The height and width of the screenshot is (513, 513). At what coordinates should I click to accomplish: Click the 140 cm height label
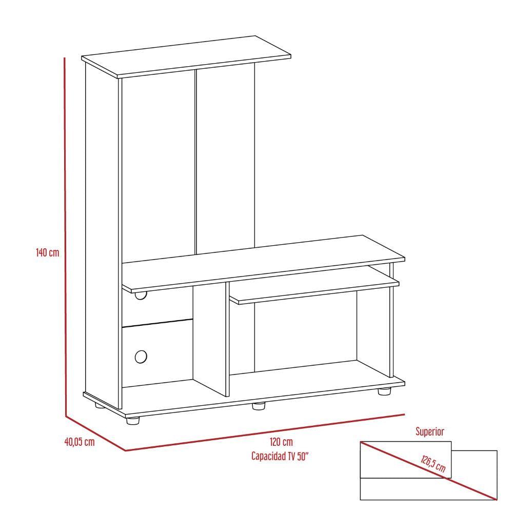(x=47, y=252)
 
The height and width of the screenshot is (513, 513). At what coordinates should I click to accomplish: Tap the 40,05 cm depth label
(x=80, y=442)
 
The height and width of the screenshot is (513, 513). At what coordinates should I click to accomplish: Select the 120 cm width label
(x=281, y=442)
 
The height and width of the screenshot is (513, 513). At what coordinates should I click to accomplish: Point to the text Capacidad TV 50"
(x=280, y=456)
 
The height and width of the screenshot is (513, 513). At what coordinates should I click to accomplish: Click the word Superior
(x=430, y=431)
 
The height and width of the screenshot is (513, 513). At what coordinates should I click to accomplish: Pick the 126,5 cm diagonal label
(x=433, y=463)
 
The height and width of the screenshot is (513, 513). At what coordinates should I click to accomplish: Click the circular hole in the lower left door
(x=141, y=357)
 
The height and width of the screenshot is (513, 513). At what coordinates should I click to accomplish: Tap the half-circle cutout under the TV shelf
(x=141, y=296)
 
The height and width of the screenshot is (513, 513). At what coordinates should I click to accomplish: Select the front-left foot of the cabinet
(x=133, y=421)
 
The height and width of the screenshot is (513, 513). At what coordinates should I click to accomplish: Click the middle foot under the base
(x=259, y=406)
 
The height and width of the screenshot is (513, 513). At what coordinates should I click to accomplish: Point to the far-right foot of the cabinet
(x=384, y=391)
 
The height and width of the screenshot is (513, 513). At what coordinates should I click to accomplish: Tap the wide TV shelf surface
(x=263, y=264)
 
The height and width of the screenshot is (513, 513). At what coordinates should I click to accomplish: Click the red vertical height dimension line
(x=65, y=237)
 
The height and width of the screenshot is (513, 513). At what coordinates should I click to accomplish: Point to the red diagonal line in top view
(x=428, y=471)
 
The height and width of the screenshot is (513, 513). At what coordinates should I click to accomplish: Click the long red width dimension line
(x=265, y=432)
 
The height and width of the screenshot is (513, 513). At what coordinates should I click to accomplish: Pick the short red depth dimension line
(x=95, y=433)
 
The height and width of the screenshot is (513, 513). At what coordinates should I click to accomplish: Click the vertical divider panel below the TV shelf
(x=209, y=340)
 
